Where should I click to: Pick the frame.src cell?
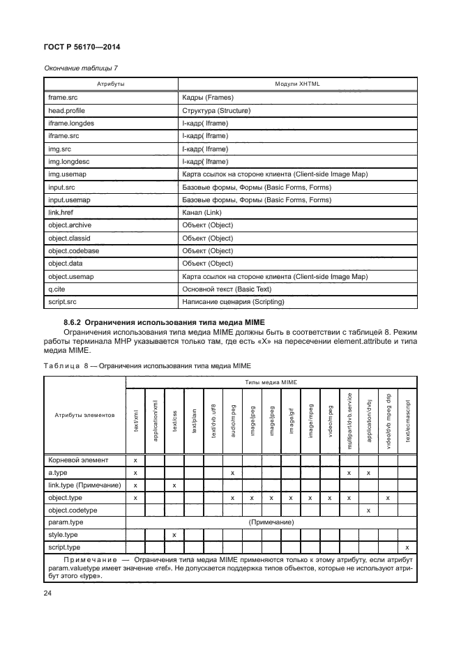(x=63, y=98)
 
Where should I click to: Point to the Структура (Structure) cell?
(x=216, y=111)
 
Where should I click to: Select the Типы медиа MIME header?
(x=271, y=383)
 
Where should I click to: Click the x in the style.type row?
(x=174, y=535)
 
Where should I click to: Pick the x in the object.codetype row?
(x=368, y=510)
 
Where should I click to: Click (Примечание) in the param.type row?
(x=271, y=522)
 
